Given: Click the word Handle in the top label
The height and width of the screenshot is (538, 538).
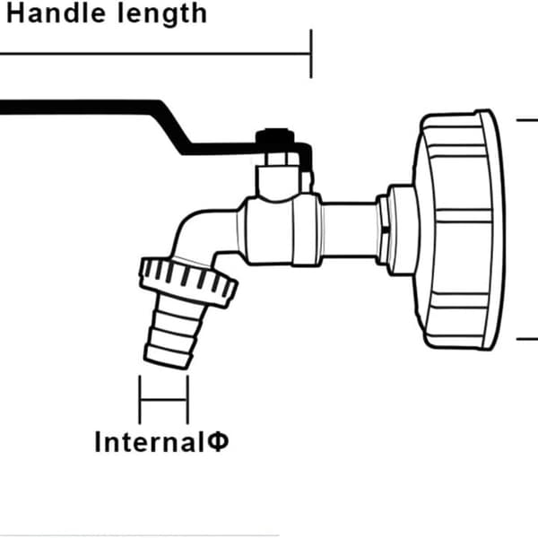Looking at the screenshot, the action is click(x=56, y=13).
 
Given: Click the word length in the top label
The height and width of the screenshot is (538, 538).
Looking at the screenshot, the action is click(x=162, y=15).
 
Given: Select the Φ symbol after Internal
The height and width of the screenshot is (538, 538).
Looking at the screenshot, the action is click(x=218, y=442).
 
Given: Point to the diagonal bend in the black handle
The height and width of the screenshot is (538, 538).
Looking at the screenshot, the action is click(x=171, y=127).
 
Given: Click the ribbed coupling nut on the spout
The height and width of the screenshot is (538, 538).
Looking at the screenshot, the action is click(x=188, y=282).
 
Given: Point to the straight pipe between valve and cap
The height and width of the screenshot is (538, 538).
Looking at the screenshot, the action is click(x=349, y=230).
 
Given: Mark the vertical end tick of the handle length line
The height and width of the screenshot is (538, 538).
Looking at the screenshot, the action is click(x=311, y=54).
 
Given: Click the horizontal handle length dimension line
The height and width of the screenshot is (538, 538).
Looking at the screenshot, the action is click(x=155, y=54).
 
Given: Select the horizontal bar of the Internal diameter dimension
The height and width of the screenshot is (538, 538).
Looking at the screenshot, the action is click(x=164, y=400).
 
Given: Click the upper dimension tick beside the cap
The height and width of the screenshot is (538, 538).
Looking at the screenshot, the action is click(x=527, y=120).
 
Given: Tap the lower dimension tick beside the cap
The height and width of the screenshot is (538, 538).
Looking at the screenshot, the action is click(x=527, y=339).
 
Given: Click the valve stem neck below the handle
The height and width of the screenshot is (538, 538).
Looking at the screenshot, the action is click(x=279, y=178).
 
